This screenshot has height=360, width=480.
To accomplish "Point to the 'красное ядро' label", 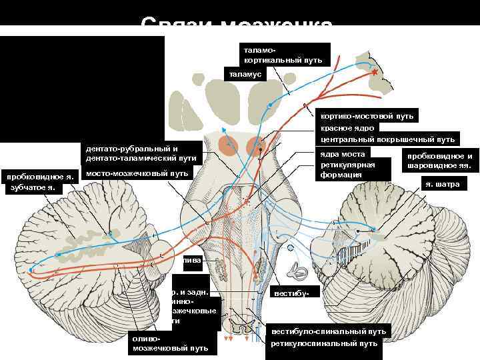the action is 347,128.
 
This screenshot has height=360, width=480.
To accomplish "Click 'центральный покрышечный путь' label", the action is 387,139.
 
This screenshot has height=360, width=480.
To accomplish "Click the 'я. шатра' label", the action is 439,184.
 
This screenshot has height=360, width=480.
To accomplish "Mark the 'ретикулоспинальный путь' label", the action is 323,343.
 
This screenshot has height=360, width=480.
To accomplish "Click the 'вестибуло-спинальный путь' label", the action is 328,331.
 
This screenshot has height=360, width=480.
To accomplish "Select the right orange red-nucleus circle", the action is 257,147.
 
